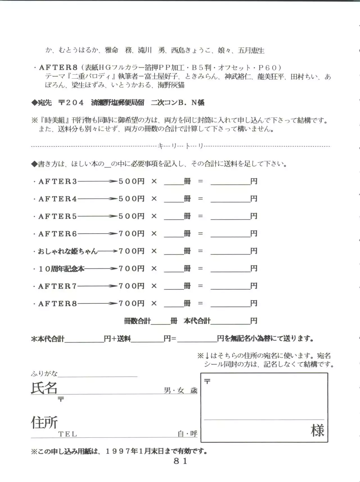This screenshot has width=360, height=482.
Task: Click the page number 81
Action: (180, 461)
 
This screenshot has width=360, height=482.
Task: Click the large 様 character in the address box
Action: (317, 430)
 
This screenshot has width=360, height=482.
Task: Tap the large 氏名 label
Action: (44, 388)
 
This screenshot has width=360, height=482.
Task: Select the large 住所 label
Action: (44, 422)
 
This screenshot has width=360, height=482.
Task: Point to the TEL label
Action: (67, 434)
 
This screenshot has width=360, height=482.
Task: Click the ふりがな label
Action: (44, 374)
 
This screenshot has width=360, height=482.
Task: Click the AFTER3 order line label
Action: (58, 182)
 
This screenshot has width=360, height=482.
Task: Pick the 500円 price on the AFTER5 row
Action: (131, 216)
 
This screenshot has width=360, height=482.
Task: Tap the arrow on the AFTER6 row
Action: (97, 234)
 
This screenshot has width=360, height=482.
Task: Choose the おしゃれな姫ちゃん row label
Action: (67, 251)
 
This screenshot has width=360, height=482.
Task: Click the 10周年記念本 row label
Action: (61, 269)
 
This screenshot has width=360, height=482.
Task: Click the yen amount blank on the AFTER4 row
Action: (230, 199)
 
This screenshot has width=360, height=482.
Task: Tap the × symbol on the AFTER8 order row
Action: (154, 304)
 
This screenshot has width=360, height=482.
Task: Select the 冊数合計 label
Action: (137, 321)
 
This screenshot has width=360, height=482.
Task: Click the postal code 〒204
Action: (71, 102)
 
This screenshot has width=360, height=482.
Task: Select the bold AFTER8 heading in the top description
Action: (58, 68)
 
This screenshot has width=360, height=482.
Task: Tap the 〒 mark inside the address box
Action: (207, 381)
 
